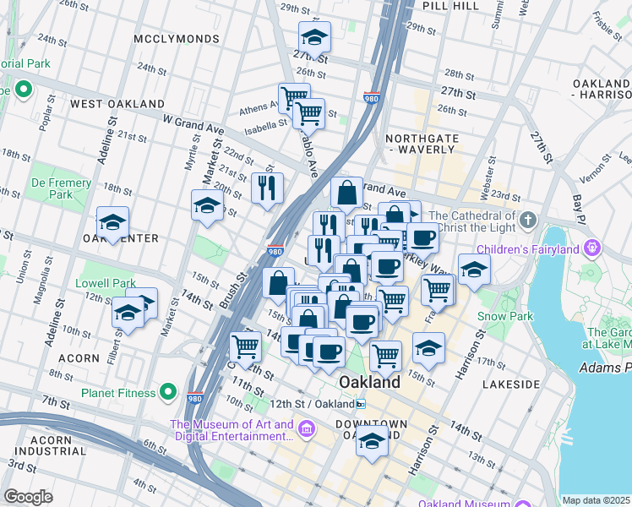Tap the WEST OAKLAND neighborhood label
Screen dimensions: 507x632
pos(117,104)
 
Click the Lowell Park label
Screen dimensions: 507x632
pos(106,283)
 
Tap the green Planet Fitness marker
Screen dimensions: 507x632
pos(168,392)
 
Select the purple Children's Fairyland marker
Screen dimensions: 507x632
pos(592,248)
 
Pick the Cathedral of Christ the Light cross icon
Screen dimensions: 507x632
pos(528,220)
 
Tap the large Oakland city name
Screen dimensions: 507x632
pos(369,383)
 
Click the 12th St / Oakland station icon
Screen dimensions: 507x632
pos(361,405)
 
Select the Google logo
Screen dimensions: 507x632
pos(28,496)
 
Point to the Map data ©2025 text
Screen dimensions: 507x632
pos(596,500)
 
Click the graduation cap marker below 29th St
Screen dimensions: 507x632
pos(314,36)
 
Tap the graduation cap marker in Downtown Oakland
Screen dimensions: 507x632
pos(372,440)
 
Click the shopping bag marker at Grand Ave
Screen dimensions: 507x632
pos(346,193)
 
